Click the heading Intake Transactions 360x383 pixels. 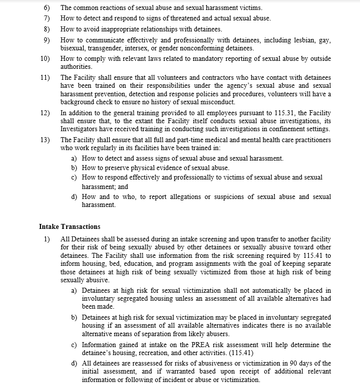tap(69, 226)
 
